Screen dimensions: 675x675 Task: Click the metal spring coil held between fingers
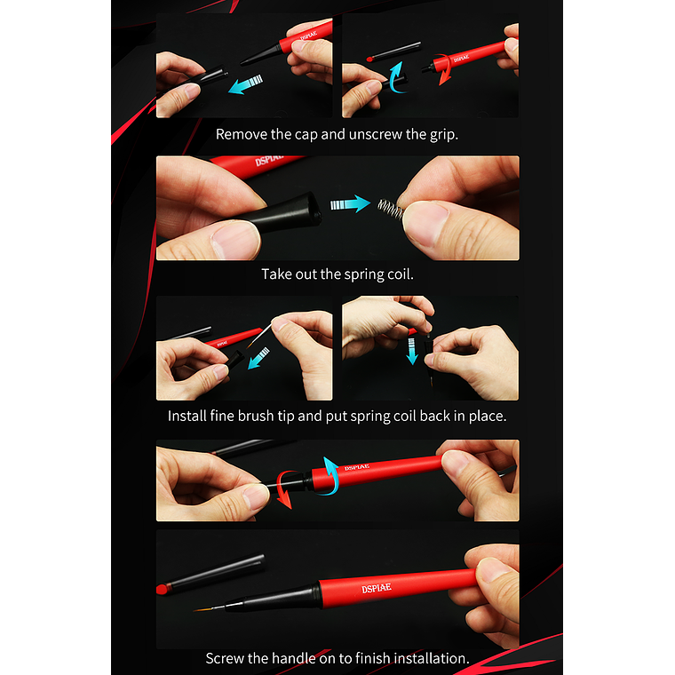click(391, 209)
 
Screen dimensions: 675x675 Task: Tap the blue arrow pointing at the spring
click(350, 203)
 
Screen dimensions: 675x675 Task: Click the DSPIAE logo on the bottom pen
click(377, 588)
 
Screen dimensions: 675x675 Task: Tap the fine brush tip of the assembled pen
click(210, 607)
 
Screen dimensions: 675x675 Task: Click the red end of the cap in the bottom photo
click(162, 589)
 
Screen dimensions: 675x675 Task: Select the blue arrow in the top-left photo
click(245, 84)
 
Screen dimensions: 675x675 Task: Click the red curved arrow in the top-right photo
click(443, 69)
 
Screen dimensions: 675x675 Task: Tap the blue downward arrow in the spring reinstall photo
click(412, 351)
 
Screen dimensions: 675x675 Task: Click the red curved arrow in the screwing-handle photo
click(283, 489)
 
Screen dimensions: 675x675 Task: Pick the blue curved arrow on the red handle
click(331, 476)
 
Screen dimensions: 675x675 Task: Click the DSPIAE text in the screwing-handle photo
click(356, 467)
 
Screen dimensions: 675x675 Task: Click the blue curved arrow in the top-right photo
click(396, 77)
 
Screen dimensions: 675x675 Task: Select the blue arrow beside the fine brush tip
click(258, 358)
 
